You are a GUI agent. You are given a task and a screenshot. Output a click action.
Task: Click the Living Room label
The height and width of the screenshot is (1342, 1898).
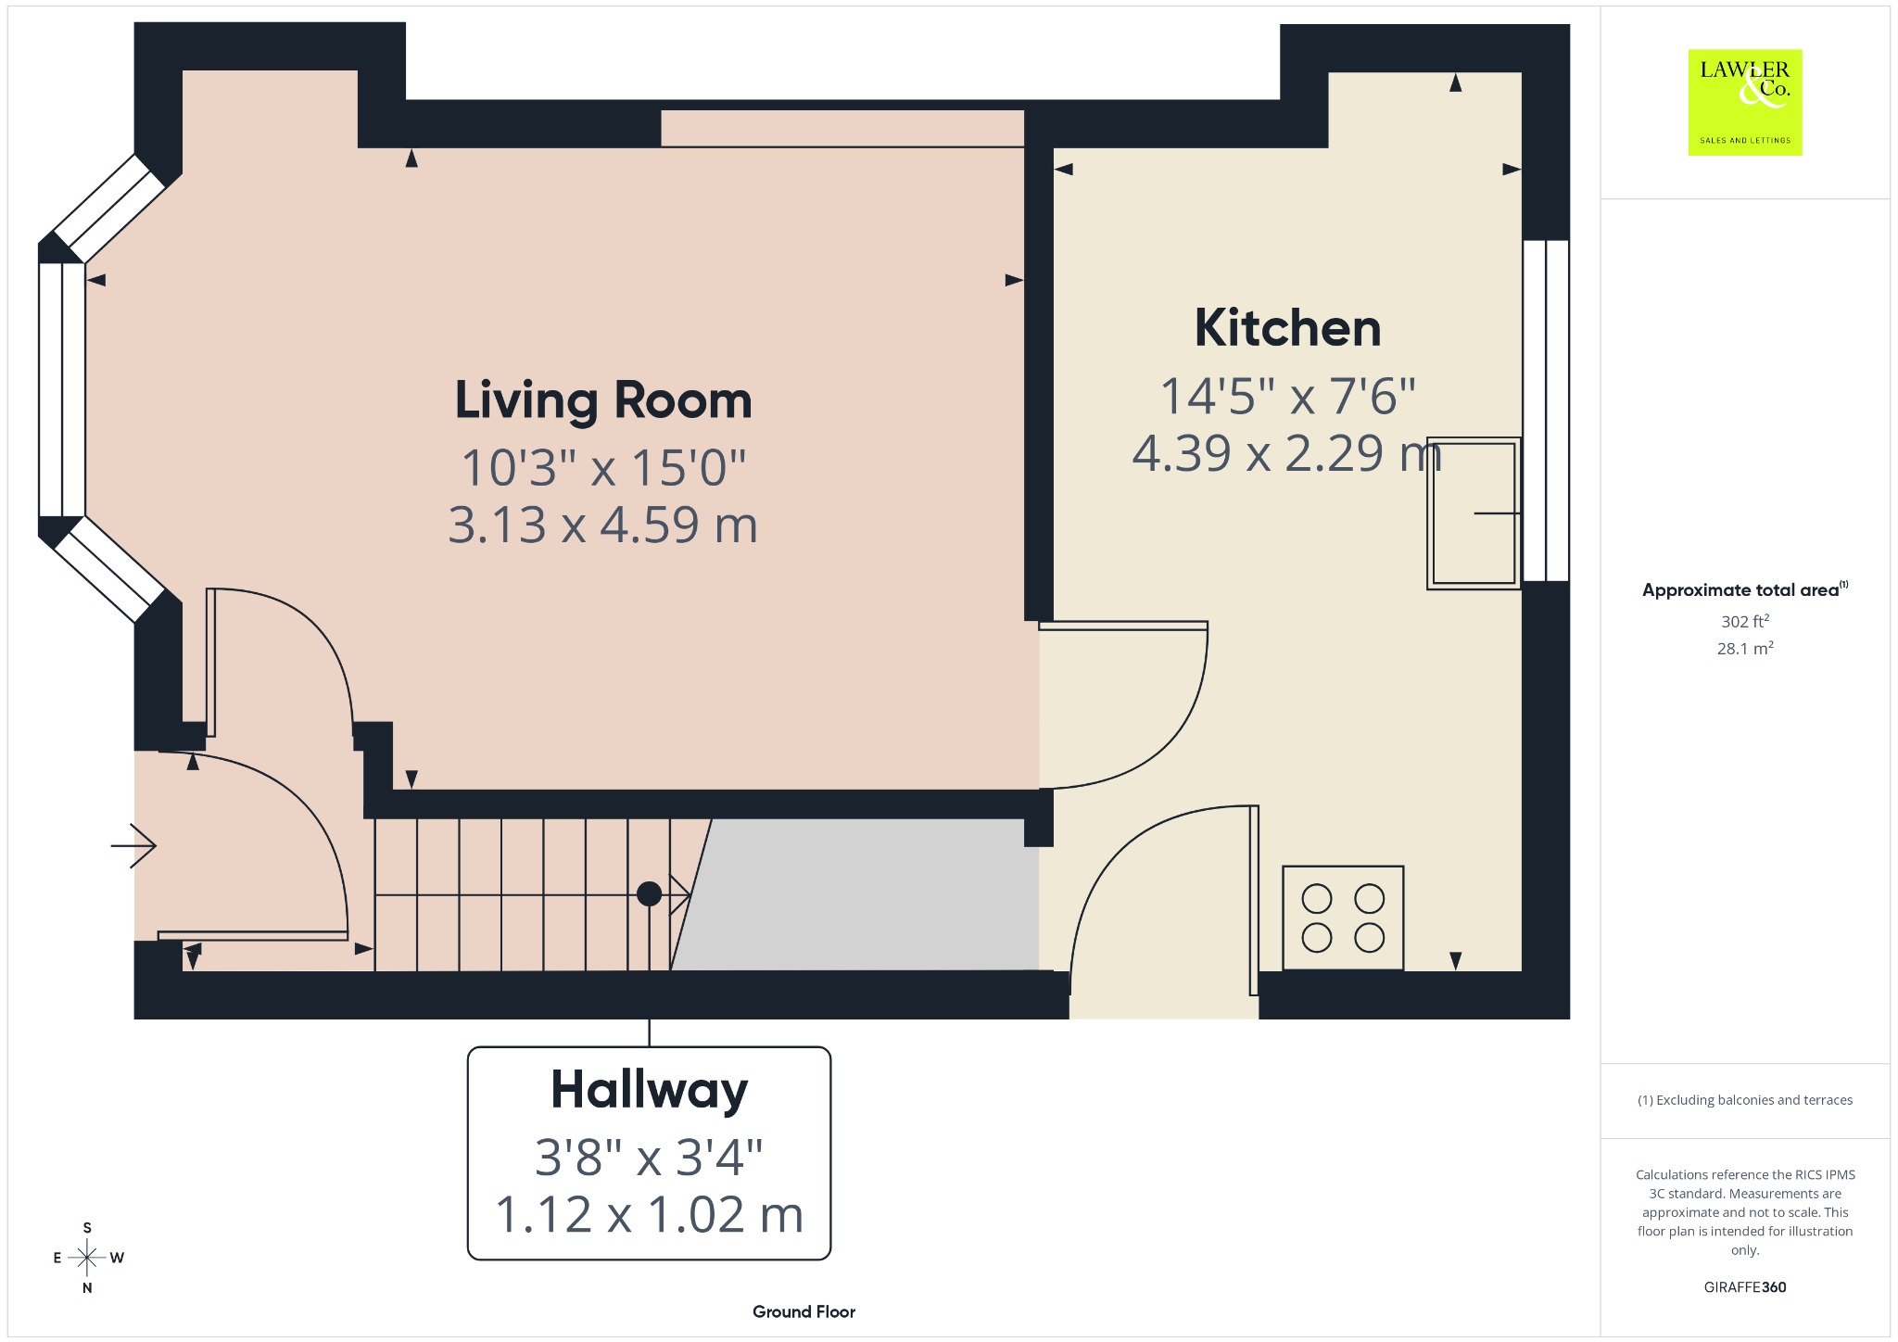point(603,400)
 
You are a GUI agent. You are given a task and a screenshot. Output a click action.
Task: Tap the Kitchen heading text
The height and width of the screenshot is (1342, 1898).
point(1287,328)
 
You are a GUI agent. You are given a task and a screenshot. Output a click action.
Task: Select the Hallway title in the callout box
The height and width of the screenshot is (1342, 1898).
point(649,1090)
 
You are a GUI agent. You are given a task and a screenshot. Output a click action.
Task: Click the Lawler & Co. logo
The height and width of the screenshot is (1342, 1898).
point(1745,102)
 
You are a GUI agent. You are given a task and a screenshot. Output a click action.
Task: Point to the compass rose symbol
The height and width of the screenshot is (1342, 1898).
point(87,1258)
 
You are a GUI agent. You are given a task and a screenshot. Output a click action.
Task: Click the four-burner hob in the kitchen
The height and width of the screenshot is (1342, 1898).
point(1343,918)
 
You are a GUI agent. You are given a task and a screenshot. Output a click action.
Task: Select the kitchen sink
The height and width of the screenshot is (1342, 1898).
point(1474,513)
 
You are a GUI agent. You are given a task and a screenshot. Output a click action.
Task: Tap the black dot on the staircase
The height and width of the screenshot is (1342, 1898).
point(650,893)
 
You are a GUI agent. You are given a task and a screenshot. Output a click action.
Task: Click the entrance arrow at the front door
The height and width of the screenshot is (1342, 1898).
point(133,845)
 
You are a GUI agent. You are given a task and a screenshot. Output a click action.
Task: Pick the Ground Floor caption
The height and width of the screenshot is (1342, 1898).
point(803,1311)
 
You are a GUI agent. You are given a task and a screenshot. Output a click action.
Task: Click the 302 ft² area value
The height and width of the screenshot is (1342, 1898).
point(1745,621)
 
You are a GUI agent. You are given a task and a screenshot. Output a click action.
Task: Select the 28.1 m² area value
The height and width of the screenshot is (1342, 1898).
point(1745,648)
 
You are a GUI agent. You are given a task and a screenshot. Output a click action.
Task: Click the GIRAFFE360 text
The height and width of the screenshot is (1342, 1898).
point(1745,1286)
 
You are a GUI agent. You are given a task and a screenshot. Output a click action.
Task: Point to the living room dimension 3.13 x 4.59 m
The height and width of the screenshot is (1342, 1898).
point(603,525)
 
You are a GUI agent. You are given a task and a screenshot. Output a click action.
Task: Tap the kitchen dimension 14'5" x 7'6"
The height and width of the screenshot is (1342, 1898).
point(1287,396)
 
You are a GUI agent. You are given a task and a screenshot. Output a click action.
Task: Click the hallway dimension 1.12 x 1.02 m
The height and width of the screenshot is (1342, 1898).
point(649,1214)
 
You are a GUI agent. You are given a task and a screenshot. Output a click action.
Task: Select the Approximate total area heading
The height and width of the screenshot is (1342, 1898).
point(1745,589)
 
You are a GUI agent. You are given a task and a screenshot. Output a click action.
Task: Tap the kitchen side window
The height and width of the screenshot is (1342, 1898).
point(1546,411)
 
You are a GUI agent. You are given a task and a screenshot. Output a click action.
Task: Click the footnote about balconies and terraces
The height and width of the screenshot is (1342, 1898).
point(1745,1100)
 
